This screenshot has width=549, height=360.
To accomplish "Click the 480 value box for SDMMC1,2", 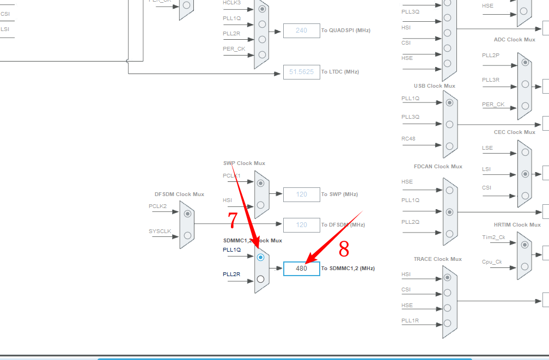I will (x=301, y=269).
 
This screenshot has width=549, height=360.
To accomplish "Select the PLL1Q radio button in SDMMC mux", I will (x=260, y=257).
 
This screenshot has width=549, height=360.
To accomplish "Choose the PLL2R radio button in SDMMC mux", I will (x=260, y=279).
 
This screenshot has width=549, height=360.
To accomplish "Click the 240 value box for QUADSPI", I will (x=301, y=30).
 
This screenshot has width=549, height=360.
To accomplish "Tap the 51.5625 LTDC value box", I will (x=301, y=72).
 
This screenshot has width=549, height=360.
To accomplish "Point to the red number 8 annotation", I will (x=344, y=249).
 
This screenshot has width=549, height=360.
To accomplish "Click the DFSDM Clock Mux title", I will (x=179, y=194).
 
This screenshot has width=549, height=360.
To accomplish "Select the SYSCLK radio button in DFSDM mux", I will (x=187, y=235).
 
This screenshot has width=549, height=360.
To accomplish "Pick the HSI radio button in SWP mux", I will (x=261, y=205).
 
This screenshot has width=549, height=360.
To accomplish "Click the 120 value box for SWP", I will (x=301, y=194).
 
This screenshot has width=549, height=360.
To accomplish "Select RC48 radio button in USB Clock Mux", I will (x=449, y=146).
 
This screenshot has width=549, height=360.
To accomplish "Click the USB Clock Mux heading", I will (x=434, y=86).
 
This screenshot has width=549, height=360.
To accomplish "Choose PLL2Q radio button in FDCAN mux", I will (x=449, y=233).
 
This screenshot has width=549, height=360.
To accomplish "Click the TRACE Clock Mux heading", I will (x=437, y=259).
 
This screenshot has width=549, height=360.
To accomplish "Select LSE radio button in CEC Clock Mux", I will (x=524, y=152).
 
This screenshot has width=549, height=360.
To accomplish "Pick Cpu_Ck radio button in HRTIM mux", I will (x=524, y=266).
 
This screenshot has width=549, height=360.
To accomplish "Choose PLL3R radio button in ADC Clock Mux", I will (x=524, y=84).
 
